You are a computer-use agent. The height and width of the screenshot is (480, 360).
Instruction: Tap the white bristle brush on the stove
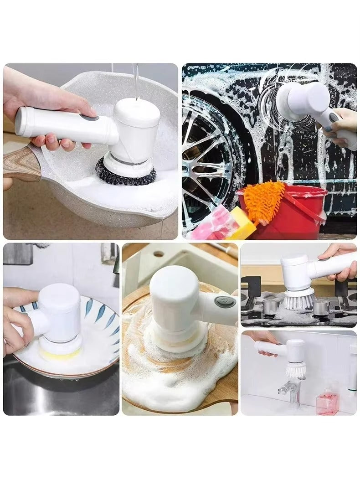(299, 299)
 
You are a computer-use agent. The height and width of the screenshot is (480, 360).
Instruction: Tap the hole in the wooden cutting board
(159, 254)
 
